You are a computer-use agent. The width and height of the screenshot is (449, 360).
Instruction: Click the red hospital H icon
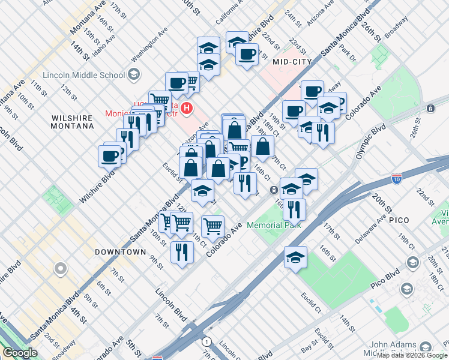click(x=187, y=109)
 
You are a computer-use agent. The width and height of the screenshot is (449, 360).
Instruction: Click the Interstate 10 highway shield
click(x=397, y=178)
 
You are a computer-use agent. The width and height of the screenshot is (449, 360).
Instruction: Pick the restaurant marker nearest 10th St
click(x=182, y=251)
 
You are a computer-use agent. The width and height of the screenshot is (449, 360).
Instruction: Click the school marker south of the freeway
click(x=295, y=257)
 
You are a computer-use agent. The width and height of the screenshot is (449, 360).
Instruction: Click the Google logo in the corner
click(x=20, y=353)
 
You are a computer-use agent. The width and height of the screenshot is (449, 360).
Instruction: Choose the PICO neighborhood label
click(x=399, y=221)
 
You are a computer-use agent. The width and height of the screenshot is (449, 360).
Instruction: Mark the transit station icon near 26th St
click(x=430, y=108)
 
